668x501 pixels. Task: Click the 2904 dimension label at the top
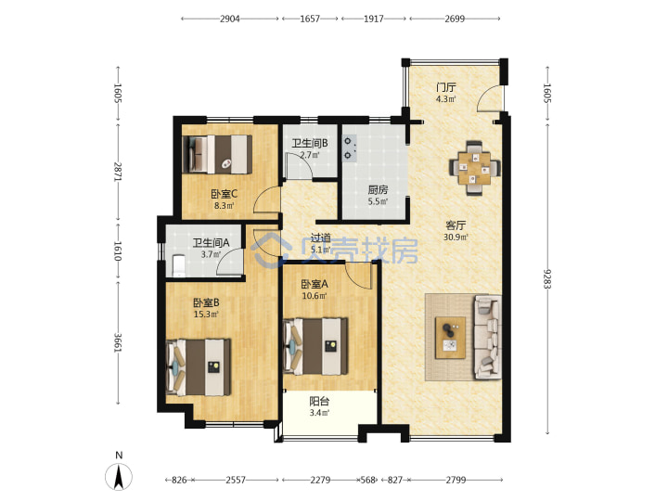click(230, 19)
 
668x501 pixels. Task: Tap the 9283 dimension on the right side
click(547, 278)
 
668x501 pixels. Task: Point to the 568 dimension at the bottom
click(367, 481)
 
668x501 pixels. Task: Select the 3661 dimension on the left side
click(118, 342)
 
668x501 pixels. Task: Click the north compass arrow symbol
click(119, 477)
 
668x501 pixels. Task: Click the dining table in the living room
click(475, 167)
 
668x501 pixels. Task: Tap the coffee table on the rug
click(450, 338)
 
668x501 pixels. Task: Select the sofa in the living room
click(487, 337)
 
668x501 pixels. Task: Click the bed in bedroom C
click(217, 154)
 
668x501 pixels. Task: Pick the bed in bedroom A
click(315, 346)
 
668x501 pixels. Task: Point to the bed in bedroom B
click(199, 367)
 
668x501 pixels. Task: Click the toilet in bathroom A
click(178, 265)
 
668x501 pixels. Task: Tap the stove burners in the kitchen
click(350, 148)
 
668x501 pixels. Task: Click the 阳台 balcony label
click(319, 402)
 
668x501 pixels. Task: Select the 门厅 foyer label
click(445, 88)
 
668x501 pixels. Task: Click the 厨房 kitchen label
click(378, 190)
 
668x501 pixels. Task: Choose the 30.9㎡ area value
click(456, 238)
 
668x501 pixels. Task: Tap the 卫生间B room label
click(310, 143)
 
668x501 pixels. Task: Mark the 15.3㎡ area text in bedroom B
click(206, 315)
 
